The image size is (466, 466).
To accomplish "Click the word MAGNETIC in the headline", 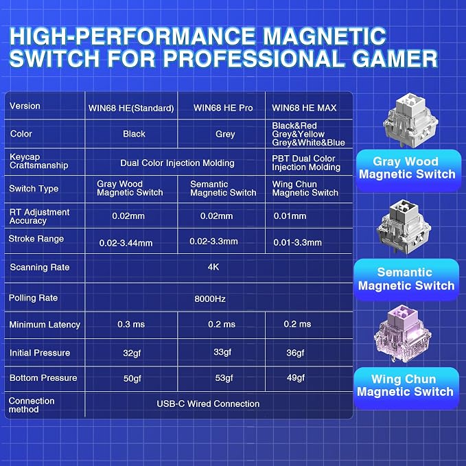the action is pyautogui.click(x=325, y=36).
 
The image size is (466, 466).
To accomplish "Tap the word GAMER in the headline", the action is pyautogui.click(x=395, y=58).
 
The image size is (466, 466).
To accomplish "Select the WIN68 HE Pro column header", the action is pyautogui.click(x=223, y=108).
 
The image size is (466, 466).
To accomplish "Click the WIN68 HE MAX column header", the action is pyautogui.click(x=304, y=108).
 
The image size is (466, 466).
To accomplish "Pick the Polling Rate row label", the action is pyautogui.click(x=33, y=298).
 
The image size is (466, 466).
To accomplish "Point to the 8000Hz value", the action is pyautogui.click(x=210, y=299).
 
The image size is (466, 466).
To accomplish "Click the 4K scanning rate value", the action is pyautogui.click(x=213, y=267).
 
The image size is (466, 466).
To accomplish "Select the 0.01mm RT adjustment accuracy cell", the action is pyautogui.click(x=290, y=215).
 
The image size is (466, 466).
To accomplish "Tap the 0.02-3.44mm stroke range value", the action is pyautogui.click(x=126, y=243).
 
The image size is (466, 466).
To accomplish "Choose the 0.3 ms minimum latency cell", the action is pyautogui.click(x=131, y=324).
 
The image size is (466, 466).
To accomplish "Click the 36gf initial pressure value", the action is pyautogui.click(x=295, y=353).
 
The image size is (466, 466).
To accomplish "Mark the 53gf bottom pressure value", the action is pyautogui.click(x=224, y=378).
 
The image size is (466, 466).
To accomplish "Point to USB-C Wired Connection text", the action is pyautogui.click(x=208, y=404).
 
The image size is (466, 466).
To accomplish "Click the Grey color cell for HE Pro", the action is pyautogui.click(x=225, y=134).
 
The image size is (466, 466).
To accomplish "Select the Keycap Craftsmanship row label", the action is pyautogui.click(x=38, y=161).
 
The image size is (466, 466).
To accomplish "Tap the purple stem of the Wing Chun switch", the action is pyautogui.click(x=404, y=316).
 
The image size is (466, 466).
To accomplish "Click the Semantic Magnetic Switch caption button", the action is pyautogui.click(x=406, y=279).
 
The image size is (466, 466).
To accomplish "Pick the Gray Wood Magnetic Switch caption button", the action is pyautogui.click(x=408, y=169).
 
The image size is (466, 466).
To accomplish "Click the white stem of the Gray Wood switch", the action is pyautogui.click(x=411, y=104).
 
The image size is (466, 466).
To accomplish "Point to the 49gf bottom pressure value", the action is pyautogui.click(x=296, y=377).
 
